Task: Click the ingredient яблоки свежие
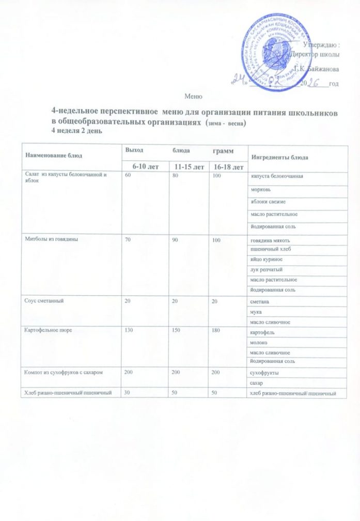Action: (x=269, y=201)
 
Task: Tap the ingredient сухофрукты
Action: (x=264, y=371)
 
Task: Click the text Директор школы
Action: (x=316, y=54)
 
